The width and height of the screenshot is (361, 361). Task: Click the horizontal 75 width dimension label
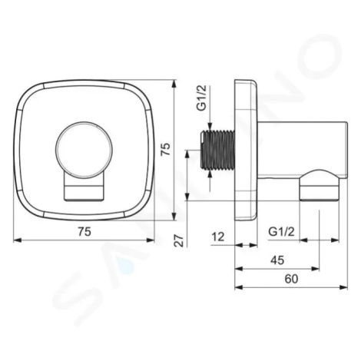[x=84, y=232]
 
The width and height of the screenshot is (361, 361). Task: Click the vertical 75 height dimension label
[x=165, y=149]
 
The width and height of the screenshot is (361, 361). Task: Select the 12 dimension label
[x=218, y=237]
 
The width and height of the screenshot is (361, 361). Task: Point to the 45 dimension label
[x=277, y=260]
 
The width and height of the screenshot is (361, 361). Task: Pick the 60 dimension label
[x=291, y=279]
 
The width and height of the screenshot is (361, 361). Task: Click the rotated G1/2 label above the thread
[x=202, y=98]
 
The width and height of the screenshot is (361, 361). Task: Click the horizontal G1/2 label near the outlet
[x=281, y=232]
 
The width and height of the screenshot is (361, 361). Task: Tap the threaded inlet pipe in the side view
[x=217, y=150]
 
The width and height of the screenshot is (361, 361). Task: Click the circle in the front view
[x=84, y=149]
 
